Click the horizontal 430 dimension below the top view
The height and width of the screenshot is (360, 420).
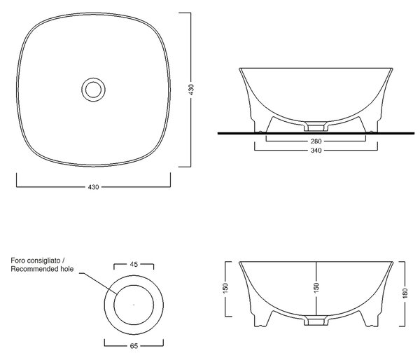tap(94, 187)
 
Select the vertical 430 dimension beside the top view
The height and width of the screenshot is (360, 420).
tap(190, 90)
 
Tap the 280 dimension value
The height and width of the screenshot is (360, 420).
tap(316, 141)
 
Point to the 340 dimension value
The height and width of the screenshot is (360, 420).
tap(316, 150)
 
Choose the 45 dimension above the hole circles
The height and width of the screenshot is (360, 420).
tap(134, 264)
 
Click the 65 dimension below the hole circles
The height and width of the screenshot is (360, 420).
tap(134, 346)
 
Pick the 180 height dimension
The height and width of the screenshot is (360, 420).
tap(405, 293)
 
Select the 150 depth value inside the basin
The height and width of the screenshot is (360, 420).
tap(316, 287)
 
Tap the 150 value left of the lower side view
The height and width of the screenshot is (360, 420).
tap(225, 288)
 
